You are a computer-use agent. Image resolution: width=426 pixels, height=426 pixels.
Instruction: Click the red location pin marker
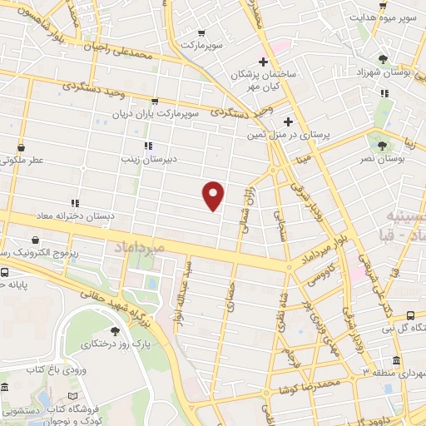(x=214, y=195)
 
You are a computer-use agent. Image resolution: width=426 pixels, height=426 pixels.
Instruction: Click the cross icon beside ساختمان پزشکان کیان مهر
(x=263, y=62)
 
